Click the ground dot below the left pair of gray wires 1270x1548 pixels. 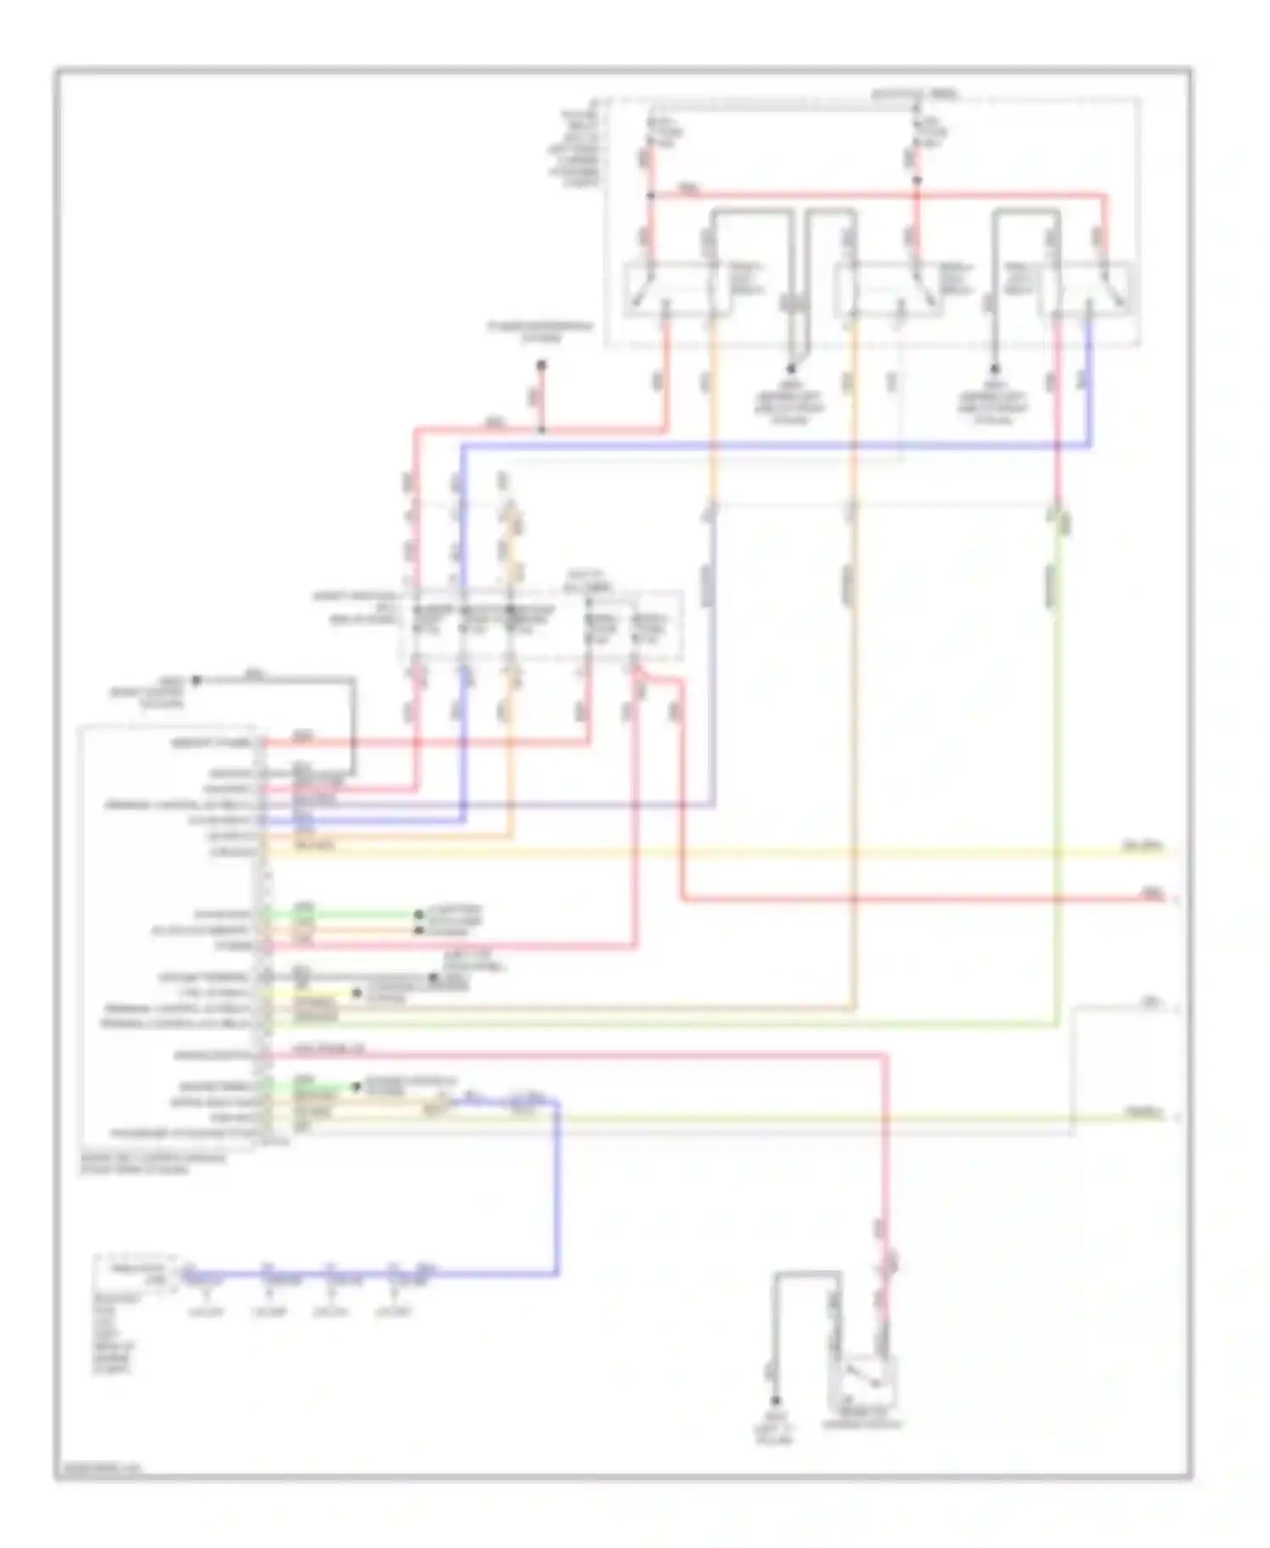point(791,369)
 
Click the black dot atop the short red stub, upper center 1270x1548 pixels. point(541,366)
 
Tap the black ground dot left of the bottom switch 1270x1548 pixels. point(774,1401)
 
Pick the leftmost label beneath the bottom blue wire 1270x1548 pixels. point(203,1312)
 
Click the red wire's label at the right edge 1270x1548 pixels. point(1152,893)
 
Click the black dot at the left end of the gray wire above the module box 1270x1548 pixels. point(196,680)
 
